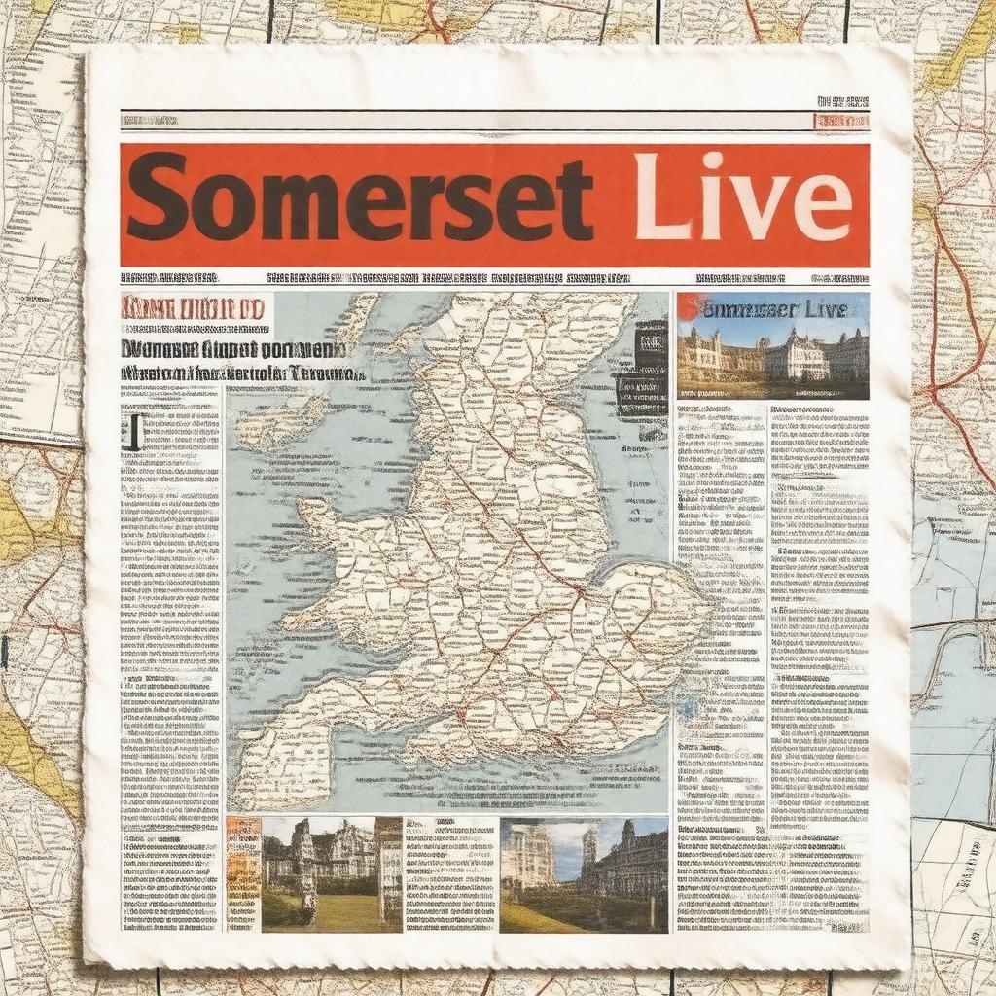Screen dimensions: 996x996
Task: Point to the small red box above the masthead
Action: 840,122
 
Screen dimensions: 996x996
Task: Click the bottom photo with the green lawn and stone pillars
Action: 331,874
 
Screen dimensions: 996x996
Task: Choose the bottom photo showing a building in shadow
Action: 584,874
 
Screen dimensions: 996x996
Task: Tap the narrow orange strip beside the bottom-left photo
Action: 242,874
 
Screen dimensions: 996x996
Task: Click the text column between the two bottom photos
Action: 450,874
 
